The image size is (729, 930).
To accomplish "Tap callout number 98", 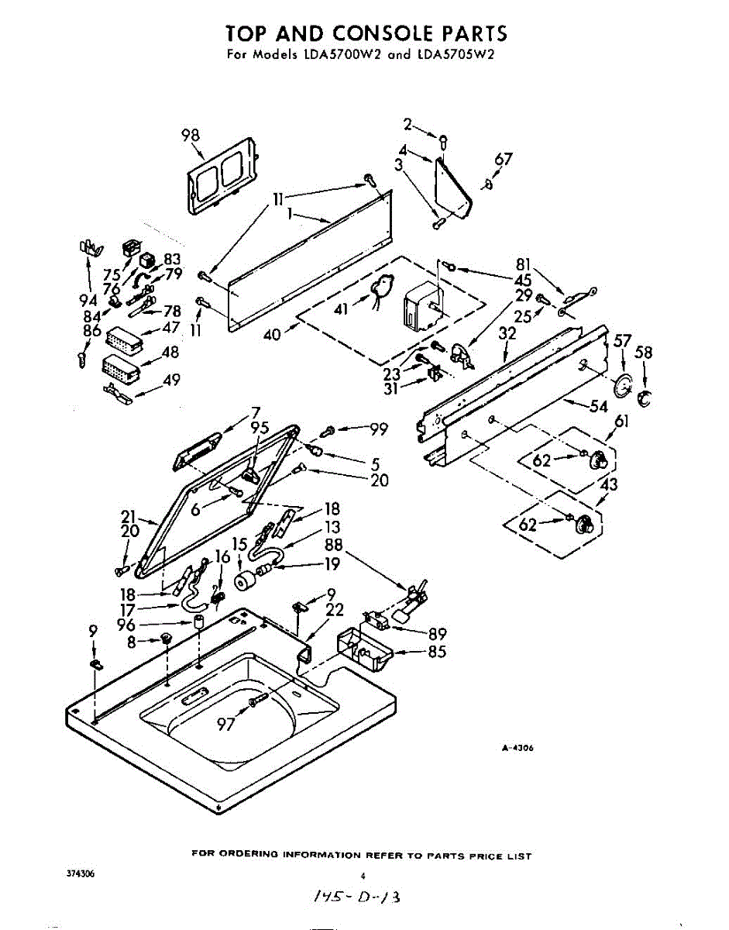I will [x=191, y=135].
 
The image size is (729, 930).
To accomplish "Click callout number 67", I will [x=504, y=160].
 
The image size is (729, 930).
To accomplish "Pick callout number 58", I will [x=644, y=353].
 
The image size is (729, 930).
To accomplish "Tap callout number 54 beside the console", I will [x=598, y=405].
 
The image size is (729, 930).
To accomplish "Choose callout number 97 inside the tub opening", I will [x=225, y=724].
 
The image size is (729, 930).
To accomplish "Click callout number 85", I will [x=437, y=652].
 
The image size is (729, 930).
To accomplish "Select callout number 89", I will [x=437, y=633].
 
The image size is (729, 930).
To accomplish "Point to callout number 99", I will [x=377, y=428].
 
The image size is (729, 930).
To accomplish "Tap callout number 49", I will [x=171, y=380].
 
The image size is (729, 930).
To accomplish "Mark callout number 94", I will [x=88, y=300].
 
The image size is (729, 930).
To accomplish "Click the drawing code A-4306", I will [x=518, y=748].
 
